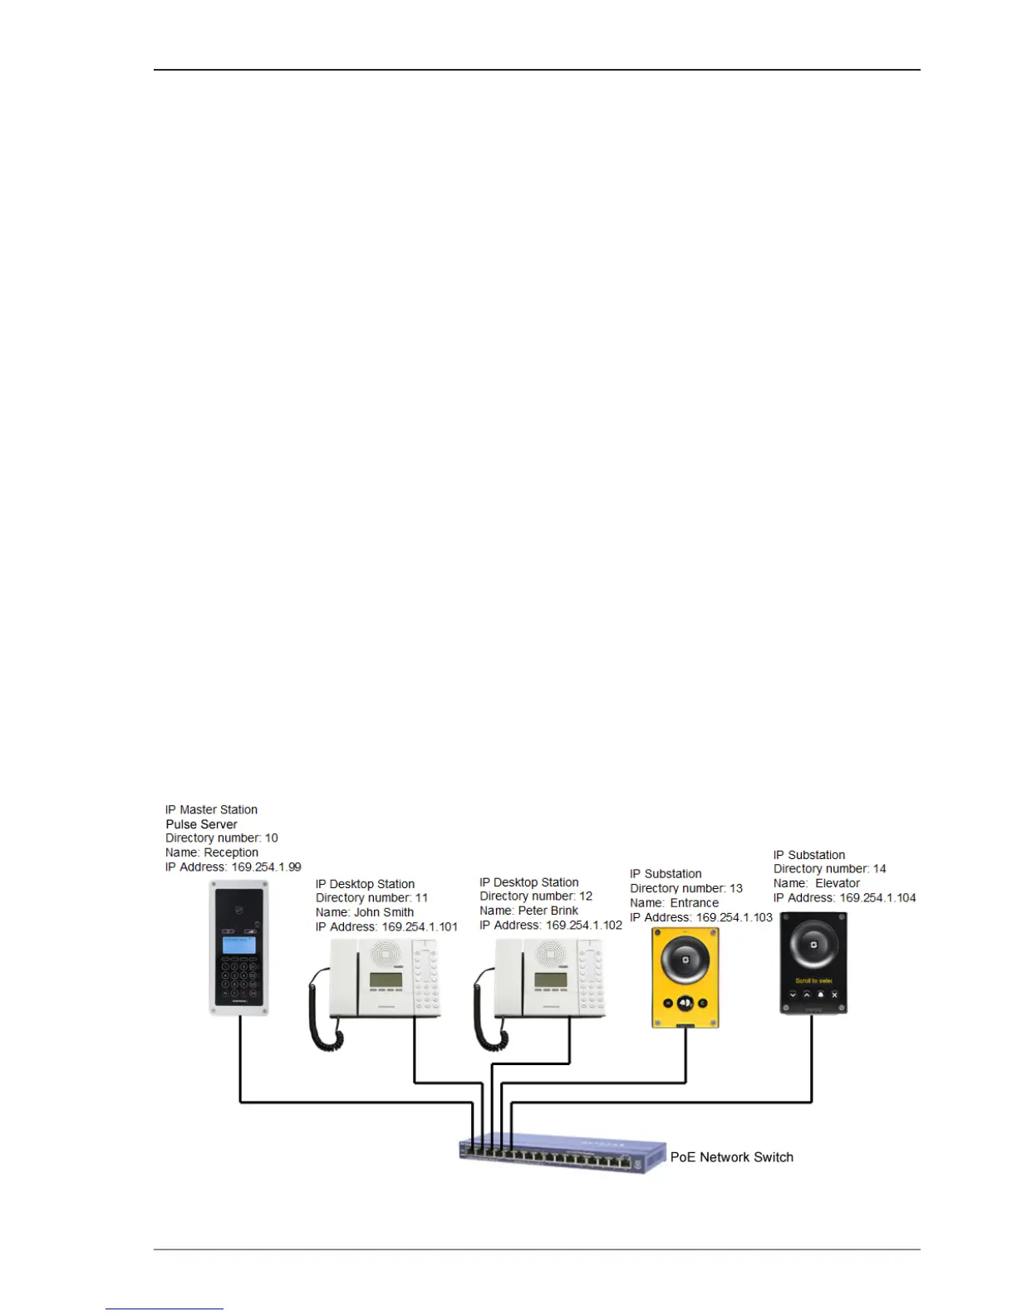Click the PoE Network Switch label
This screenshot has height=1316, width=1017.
click(x=731, y=1157)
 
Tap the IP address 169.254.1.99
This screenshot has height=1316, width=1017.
click(x=266, y=867)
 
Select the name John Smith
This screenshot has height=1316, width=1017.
click(x=384, y=912)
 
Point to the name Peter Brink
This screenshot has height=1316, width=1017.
click(x=548, y=911)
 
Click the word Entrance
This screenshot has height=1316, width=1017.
click(x=694, y=903)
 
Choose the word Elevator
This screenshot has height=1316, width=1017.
click(x=837, y=883)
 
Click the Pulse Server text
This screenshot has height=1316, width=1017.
click(x=201, y=824)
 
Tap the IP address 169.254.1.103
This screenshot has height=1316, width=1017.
click(x=734, y=918)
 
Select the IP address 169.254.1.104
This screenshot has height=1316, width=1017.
click(x=877, y=898)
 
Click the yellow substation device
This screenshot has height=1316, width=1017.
click(x=685, y=978)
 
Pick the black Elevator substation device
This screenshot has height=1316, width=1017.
click(x=813, y=964)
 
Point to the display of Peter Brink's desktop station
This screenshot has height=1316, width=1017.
click(x=551, y=981)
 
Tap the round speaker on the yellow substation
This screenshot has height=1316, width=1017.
click(x=685, y=960)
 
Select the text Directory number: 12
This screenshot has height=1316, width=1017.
click(x=536, y=896)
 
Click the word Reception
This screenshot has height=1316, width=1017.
click(x=231, y=852)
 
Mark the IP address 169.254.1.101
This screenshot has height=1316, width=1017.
click(x=419, y=927)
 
